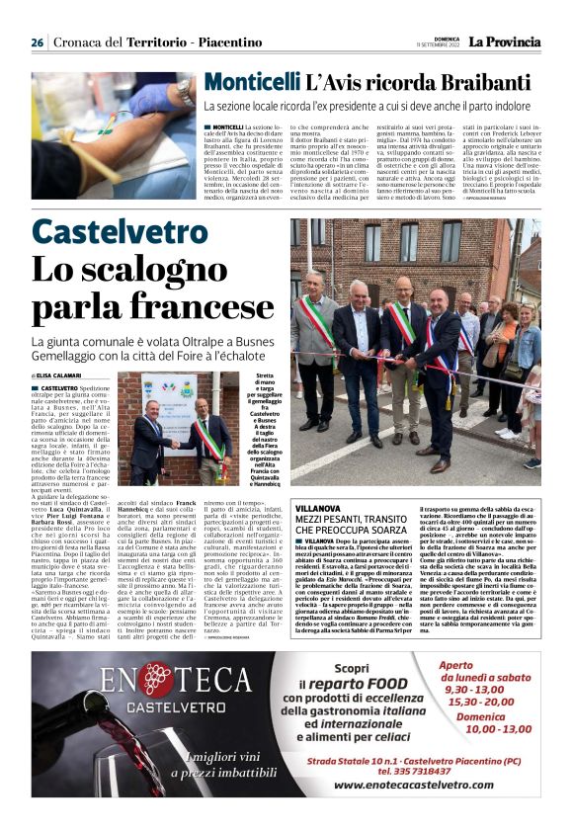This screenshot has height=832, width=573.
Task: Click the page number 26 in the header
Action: (x=37, y=42)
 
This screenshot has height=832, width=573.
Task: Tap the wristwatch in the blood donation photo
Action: (x=186, y=91)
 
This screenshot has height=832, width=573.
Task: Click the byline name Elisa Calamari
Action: (x=62, y=376)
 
